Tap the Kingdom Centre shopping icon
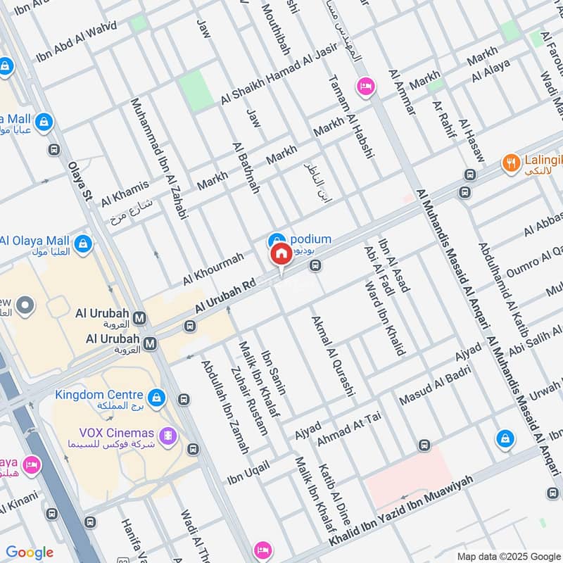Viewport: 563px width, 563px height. [156, 398]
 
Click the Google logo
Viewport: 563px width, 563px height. [30, 552]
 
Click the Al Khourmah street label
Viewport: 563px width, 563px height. [213, 268]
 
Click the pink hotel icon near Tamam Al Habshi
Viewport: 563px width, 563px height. [365, 87]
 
